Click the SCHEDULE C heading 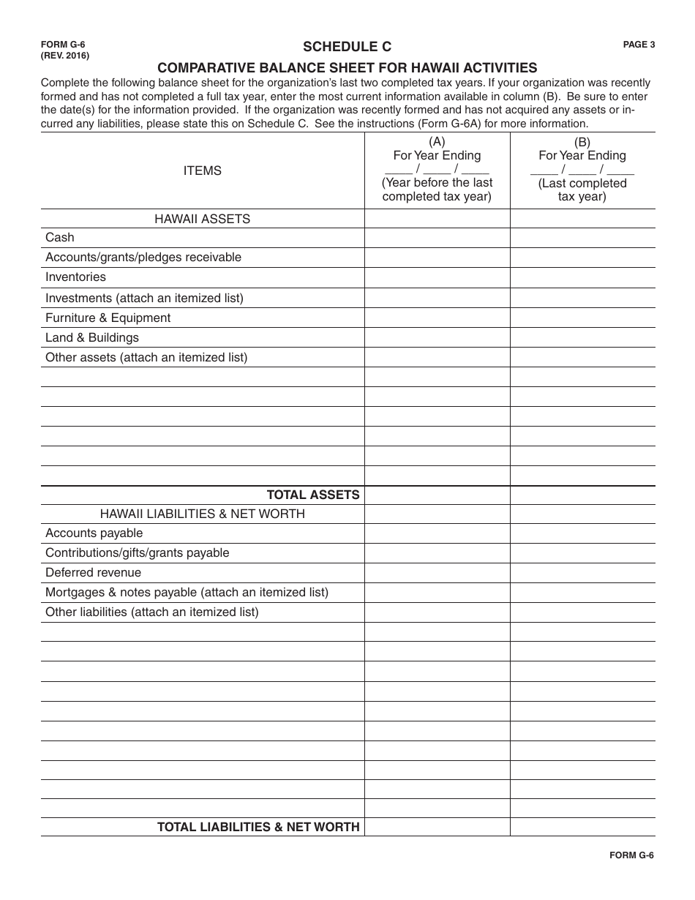click(347, 47)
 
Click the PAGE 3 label click(639, 45)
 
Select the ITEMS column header click(202, 170)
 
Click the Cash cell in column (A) click(437, 238)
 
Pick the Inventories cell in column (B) click(582, 277)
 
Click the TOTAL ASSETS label click(313, 495)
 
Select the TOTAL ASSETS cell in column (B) click(582, 495)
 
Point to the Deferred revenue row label click(93, 573)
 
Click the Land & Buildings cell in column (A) click(437, 337)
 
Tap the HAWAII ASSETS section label click(202, 219)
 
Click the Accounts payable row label click(94, 533)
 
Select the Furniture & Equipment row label click(108, 318)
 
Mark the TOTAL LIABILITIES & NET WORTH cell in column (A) click(437, 827)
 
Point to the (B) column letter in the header click(582, 142)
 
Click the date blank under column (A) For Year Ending click(437, 168)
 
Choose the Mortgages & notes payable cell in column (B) click(582, 593)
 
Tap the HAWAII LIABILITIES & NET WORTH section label click(202, 514)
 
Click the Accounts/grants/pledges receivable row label click(143, 258)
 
